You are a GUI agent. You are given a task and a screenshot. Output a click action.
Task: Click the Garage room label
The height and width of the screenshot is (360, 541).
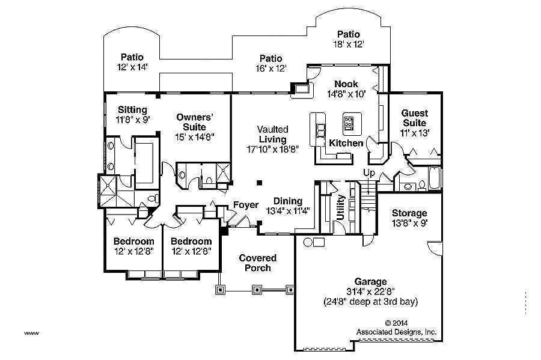(x=371, y=281)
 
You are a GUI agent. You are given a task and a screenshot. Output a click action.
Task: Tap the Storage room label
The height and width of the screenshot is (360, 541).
(x=409, y=213)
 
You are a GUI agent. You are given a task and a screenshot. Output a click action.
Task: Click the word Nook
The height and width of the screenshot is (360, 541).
(x=346, y=84)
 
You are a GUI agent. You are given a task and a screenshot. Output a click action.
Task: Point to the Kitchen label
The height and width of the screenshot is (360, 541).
(x=346, y=143)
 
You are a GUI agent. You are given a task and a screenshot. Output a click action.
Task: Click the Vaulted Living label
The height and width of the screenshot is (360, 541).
(x=272, y=134)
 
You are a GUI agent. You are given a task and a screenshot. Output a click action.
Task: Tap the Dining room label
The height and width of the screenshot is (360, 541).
(x=287, y=201)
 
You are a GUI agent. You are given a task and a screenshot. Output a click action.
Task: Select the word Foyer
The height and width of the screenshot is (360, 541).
(x=246, y=205)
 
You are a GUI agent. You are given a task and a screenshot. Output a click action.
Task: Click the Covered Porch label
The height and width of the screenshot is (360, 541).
(x=258, y=263)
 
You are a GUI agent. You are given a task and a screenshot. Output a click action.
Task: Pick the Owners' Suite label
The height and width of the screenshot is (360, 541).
(x=195, y=122)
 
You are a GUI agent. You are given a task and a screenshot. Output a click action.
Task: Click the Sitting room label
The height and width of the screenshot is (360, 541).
(x=132, y=109)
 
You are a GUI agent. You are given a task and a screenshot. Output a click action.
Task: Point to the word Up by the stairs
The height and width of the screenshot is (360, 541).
(x=368, y=173)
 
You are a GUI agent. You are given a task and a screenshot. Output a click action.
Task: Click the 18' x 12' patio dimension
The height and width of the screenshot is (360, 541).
(x=349, y=44)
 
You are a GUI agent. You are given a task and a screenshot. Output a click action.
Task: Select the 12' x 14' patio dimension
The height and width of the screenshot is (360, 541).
(x=132, y=67)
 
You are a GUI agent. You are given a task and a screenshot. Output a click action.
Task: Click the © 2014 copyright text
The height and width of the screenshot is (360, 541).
(x=396, y=322)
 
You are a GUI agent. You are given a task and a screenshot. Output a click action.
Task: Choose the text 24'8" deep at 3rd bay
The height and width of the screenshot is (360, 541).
(x=371, y=301)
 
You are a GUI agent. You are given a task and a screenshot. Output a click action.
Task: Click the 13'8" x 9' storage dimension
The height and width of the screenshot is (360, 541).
(x=409, y=223)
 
